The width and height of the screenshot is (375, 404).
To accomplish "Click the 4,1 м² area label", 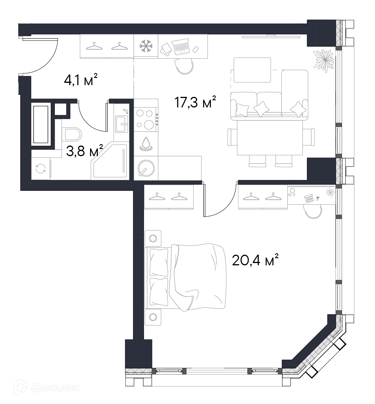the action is click(81, 80).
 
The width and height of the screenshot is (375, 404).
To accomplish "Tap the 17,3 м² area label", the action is click(195, 102).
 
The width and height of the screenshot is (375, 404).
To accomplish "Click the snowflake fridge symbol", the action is click(146, 46).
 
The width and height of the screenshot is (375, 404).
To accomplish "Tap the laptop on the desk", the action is click(181, 47).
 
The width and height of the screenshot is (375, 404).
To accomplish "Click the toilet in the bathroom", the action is click(71, 134).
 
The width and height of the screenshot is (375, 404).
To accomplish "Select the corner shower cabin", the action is click(110, 161).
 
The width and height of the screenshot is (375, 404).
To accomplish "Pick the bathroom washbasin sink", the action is click(121, 124).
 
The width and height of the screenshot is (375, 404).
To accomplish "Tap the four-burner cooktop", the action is click(146, 119).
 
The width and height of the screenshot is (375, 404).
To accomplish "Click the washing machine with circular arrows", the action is click(41, 168).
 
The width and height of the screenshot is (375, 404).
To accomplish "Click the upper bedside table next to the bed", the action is click(153, 238).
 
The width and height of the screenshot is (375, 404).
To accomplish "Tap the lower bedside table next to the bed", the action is click(153, 317).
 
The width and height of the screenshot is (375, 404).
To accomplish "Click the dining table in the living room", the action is click(270, 138).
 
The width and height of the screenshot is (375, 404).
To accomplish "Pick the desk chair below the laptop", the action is click(184, 66).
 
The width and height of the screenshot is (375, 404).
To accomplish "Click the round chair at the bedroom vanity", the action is click(313, 211).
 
